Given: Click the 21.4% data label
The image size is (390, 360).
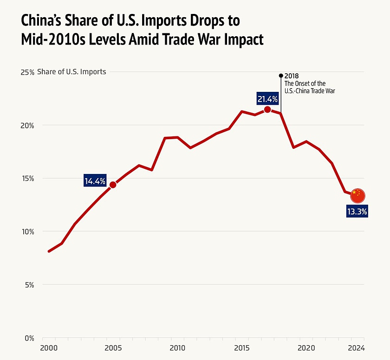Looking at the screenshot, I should coord(267,98).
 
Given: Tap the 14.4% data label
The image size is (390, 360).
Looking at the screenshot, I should coord(95,181).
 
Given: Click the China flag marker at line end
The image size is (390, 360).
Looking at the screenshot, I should coord(357,196).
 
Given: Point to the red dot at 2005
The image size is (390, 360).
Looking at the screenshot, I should coord(113,185).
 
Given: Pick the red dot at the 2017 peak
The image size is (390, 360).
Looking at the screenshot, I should coord(267,109).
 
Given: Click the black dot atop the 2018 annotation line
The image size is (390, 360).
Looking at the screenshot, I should coord(280,75).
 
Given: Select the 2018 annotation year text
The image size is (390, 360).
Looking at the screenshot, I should coord(292,76).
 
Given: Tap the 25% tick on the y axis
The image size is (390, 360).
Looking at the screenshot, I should coord(27,72).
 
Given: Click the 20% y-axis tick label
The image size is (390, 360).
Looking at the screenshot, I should coord(27,125).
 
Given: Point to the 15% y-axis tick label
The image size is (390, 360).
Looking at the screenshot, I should coord(27,179).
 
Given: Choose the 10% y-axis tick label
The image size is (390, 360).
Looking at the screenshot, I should coord(27,231).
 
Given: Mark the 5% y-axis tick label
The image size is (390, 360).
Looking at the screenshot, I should coord(29,285).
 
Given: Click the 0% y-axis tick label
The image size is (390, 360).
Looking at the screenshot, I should coord(29,338).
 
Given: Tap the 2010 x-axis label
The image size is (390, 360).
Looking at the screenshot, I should coord(177,348).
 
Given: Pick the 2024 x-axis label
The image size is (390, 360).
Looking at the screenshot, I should coord(357,348).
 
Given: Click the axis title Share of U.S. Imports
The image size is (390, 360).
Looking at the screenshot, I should coord(71,72).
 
